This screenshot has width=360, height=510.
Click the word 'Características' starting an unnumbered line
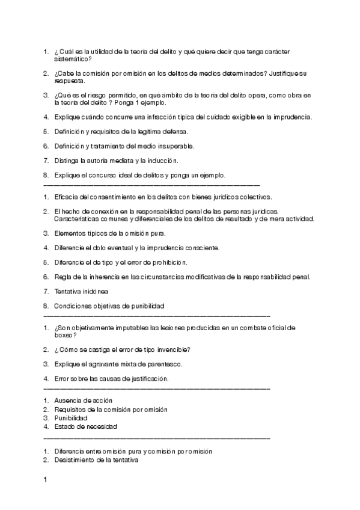67,219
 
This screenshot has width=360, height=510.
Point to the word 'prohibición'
167,262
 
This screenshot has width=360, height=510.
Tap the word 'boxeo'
64,335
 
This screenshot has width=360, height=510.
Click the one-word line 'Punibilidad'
71,417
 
